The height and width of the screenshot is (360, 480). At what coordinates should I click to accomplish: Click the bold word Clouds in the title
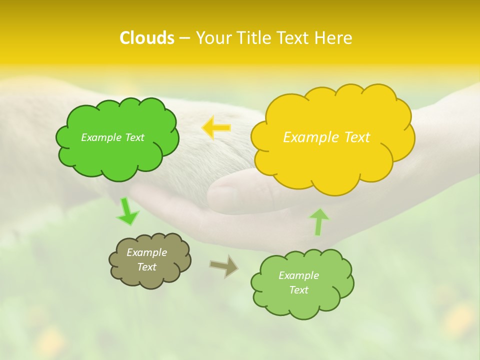pyautogui.click(x=147, y=38)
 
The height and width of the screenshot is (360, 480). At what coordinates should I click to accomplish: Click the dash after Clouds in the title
pyautogui.click(x=184, y=38)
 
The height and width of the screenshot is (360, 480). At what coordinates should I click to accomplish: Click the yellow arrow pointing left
pyautogui.click(x=216, y=128)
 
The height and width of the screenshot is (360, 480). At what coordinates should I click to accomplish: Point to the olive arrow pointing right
pyautogui.click(x=224, y=266)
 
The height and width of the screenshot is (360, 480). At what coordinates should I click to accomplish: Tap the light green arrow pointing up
pyautogui.click(x=319, y=221)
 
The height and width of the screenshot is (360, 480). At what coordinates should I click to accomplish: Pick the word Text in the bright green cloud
pyautogui.click(x=134, y=137)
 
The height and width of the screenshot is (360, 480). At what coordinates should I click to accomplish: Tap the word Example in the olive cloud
pyautogui.click(x=146, y=252)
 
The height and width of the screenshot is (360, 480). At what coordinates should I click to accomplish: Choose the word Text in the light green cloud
pyautogui.click(x=298, y=290)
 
